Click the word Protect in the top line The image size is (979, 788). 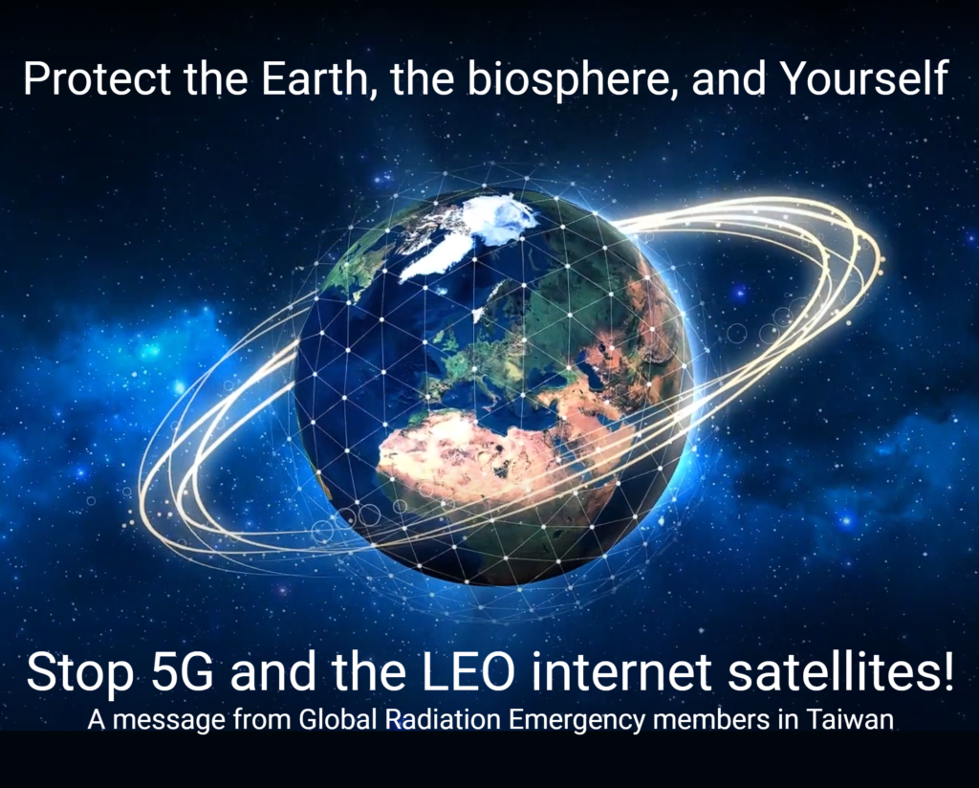click(x=98, y=78)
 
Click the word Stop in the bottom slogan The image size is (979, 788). click(x=80, y=673)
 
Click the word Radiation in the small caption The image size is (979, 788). click(x=443, y=720)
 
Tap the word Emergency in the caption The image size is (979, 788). click(x=576, y=721)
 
